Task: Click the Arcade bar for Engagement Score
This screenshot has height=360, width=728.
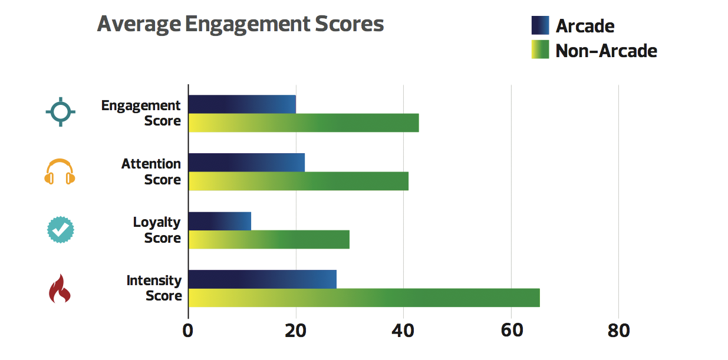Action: (x=242, y=104)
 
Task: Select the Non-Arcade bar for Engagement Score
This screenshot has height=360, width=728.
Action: (x=304, y=123)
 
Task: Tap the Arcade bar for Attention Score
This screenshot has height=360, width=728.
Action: (x=246, y=163)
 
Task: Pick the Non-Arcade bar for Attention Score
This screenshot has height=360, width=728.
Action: (x=298, y=181)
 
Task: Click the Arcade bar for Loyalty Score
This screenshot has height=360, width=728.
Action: (x=220, y=221)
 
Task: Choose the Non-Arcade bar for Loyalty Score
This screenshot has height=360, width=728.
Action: (x=269, y=239)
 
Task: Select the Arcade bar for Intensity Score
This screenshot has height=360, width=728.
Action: (x=262, y=279)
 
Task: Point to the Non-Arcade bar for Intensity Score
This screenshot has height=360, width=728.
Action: (x=364, y=298)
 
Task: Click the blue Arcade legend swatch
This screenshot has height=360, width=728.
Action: (x=540, y=25)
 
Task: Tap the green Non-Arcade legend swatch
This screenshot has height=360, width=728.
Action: (x=540, y=50)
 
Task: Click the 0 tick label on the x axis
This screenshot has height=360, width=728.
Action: (x=188, y=331)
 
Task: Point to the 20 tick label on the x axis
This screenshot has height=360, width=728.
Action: (x=295, y=331)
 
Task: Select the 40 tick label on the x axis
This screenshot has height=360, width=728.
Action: (x=403, y=331)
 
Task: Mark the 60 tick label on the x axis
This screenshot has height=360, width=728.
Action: (x=511, y=331)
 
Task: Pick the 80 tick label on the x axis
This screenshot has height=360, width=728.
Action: (x=618, y=331)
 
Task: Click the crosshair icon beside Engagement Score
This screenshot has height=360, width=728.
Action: (x=60, y=111)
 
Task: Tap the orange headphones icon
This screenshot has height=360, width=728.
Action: (x=60, y=171)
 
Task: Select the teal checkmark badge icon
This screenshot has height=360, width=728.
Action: (x=60, y=230)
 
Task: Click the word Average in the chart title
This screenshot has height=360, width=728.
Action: (x=139, y=25)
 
